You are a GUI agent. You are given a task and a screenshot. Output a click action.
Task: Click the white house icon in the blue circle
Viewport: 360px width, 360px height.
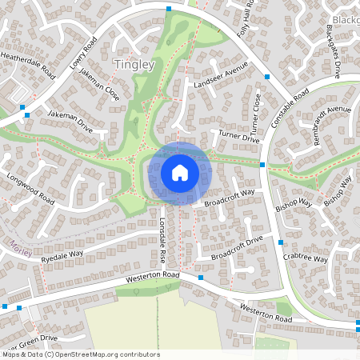[x=180, y=172]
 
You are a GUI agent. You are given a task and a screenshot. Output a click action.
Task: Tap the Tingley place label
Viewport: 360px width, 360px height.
[x=134, y=64]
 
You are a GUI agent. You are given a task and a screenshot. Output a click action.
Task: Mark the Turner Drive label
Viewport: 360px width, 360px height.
[x=240, y=137]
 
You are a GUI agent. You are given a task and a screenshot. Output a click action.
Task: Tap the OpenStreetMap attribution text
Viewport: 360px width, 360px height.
[x=80, y=354]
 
